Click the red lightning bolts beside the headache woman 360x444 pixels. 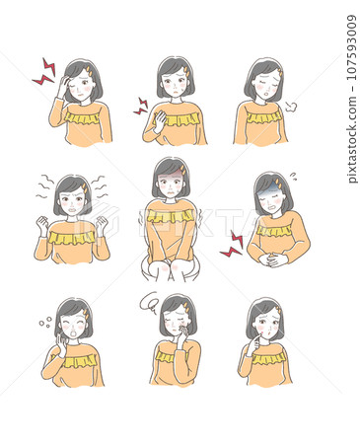click(x=44, y=72)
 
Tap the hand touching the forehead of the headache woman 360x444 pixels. click(x=64, y=85)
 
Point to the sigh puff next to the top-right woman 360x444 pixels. click(x=291, y=107)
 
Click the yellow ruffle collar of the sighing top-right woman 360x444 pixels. click(x=263, y=116)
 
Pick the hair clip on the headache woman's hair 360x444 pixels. click(x=88, y=69)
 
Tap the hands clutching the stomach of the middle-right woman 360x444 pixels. click(x=273, y=259)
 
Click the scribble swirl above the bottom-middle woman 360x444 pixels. click(x=149, y=301)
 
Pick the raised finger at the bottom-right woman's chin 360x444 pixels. click(x=258, y=340)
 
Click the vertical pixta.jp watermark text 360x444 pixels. click(x=352, y=99)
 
